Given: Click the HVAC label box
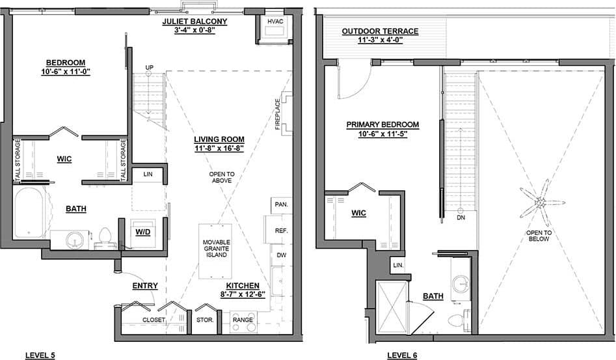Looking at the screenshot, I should (272, 21).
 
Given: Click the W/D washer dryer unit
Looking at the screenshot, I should (142, 232).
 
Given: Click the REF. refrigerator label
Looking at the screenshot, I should (281, 230).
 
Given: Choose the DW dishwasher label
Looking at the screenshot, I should (281, 255).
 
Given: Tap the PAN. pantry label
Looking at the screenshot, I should (281, 204).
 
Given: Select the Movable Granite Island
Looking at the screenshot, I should (215, 248).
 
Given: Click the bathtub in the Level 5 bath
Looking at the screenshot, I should (29, 214).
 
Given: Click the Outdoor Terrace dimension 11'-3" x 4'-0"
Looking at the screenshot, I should (371, 40).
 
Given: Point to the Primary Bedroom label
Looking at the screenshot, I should (382, 124).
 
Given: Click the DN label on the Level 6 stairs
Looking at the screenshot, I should (461, 218).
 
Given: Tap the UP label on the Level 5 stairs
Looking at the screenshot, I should (148, 67).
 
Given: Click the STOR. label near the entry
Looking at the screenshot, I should (205, 320).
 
